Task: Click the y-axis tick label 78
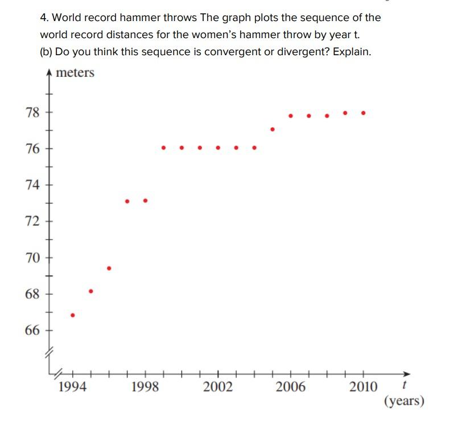(x=32, y=112)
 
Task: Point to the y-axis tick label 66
(x=32, y=331)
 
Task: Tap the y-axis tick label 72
(x=32, y=221)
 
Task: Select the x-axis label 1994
(x=72, y=387)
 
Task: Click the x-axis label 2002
(x=218, y=387)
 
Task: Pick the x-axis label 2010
(x=363, y=387)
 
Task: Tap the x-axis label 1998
(x=145, y=387)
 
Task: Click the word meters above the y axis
(x=75, y=73)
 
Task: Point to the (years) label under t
(x=405, y=401)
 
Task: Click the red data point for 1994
(x=72, y=315)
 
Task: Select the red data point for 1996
(x=109, y=268)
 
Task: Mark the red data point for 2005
(x=273, y=129)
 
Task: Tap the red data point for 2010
(x=364, y=113)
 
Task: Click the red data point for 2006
(x=291, y=115)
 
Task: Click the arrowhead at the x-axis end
(x=406, y=374)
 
